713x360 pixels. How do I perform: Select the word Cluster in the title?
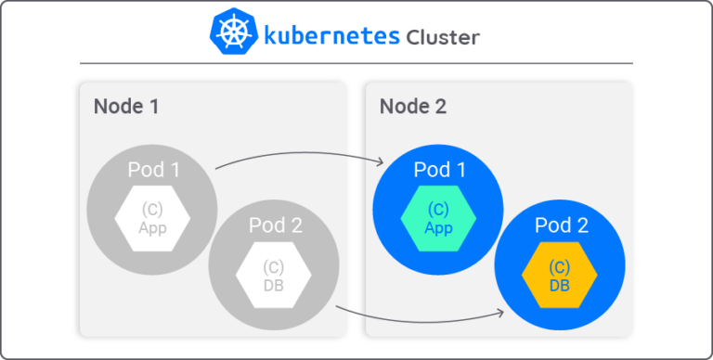[x=443, y=37]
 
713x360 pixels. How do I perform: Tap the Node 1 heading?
[x=126, y=106]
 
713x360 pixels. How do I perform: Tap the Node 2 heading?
[x=412, y=106]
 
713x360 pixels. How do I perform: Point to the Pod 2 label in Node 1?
[x=275, y=225]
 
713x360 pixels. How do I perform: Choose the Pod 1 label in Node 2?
[x=438, y=170]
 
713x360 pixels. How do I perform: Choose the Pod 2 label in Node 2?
[x=561, y=225]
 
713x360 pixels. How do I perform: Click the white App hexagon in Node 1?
[x=152, y=219]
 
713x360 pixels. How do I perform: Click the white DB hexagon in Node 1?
[x=274, y=276]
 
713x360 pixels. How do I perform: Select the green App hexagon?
[x=438, y=219]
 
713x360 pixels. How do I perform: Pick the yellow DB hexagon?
[x=560, y=276]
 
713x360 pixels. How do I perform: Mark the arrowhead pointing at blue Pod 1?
[x=381, y=163]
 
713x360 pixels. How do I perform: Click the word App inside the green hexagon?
[x=438, y=228]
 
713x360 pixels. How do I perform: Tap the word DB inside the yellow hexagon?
[x=560, y=285]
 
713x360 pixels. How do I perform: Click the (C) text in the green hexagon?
[x=438, y=210]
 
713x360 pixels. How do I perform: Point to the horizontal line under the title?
[x=356, y=63]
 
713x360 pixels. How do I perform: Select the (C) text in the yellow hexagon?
[x=560, y=267]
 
